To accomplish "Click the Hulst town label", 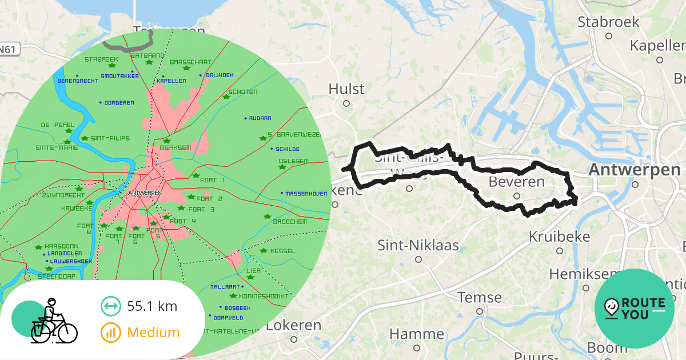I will click(x=346, y=89).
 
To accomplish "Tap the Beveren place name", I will click(x=517, y=182).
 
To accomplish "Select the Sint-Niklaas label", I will click(x=418, y=246).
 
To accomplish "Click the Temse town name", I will click(x=480, y=298).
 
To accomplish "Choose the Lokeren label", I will click(x=294, y=326).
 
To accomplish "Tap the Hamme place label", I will click(x=416, y=334).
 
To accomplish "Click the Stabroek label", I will click(x=608, y=22).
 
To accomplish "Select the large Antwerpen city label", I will click(x=635, y=170).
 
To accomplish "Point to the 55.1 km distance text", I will click(x=152, y=306).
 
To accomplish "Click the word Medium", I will click(x=153, y=333).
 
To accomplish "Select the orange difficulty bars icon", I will click(x=110, y=333).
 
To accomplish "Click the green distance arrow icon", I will click(x=110, y=306).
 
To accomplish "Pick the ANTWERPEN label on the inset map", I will click(x=146, y=193).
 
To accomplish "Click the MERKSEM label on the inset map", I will click(x=175, y=147).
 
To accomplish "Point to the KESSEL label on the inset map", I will click(x=282, y=251).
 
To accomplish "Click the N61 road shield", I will click(x=8, y=50).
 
